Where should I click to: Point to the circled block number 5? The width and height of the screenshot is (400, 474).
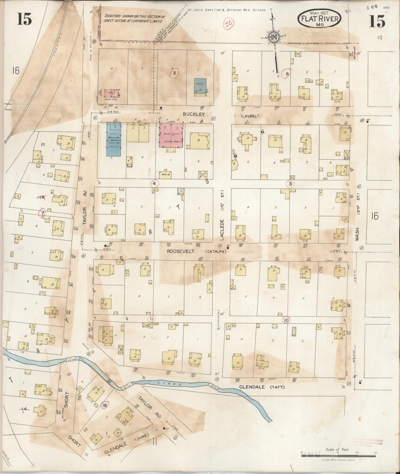(174, 73)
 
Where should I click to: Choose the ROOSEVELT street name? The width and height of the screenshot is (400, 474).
(181, 251)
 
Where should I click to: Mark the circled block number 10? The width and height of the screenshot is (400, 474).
(286, 320)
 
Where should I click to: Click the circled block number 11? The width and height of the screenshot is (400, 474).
(151, 319)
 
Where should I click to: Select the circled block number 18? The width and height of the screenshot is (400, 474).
(104, 405)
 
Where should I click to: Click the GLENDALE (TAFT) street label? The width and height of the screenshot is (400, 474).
(262, 387)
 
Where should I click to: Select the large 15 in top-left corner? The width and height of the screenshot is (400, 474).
(24, 19)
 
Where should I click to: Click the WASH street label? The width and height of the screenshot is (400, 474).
(357, 234)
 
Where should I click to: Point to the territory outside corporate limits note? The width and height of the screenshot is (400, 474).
(135, 19)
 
